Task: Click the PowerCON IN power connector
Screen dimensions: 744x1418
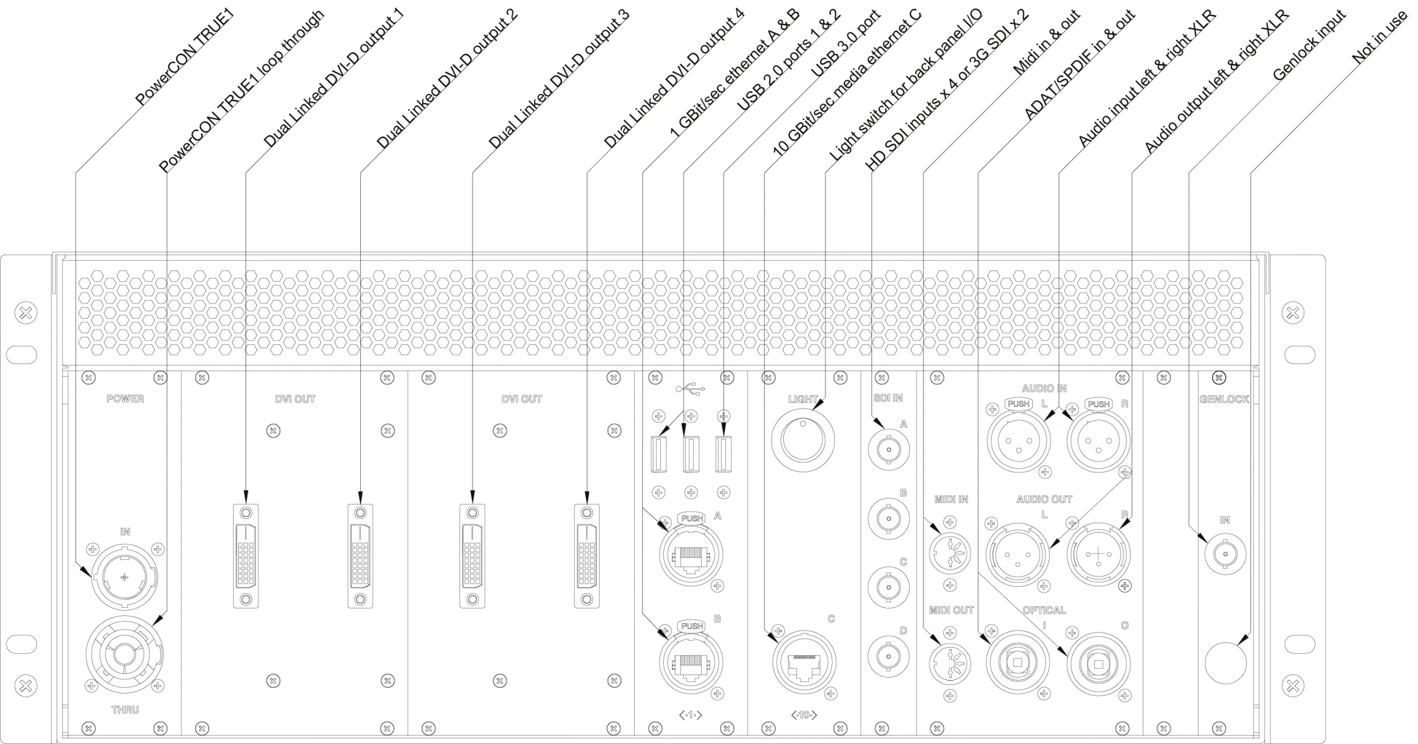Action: click(124, 577)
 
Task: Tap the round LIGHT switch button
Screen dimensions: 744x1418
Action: click(803, 439)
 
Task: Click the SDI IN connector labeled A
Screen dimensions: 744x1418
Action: click(888, 451)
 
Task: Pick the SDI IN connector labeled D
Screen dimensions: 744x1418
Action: click(888, 657)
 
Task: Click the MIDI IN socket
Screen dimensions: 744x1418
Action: click(949, 553)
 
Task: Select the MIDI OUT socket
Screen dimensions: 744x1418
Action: click(949, 663)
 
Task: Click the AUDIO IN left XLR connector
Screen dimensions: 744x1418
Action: click(1019, 441)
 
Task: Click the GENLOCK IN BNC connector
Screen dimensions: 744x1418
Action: click(1225, 553)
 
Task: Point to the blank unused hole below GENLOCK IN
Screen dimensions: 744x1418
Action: click(1225, 663)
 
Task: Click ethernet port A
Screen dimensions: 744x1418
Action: click(691, 554)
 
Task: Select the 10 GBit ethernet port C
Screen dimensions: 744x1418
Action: click(804, 662)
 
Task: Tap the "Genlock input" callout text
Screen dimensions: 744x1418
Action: click(1309, 45)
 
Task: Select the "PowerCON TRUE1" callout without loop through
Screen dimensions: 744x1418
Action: click(184, 58)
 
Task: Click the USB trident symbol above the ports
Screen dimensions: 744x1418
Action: click(690, 389)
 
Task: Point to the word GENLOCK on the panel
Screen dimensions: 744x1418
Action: click(1224, 399)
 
